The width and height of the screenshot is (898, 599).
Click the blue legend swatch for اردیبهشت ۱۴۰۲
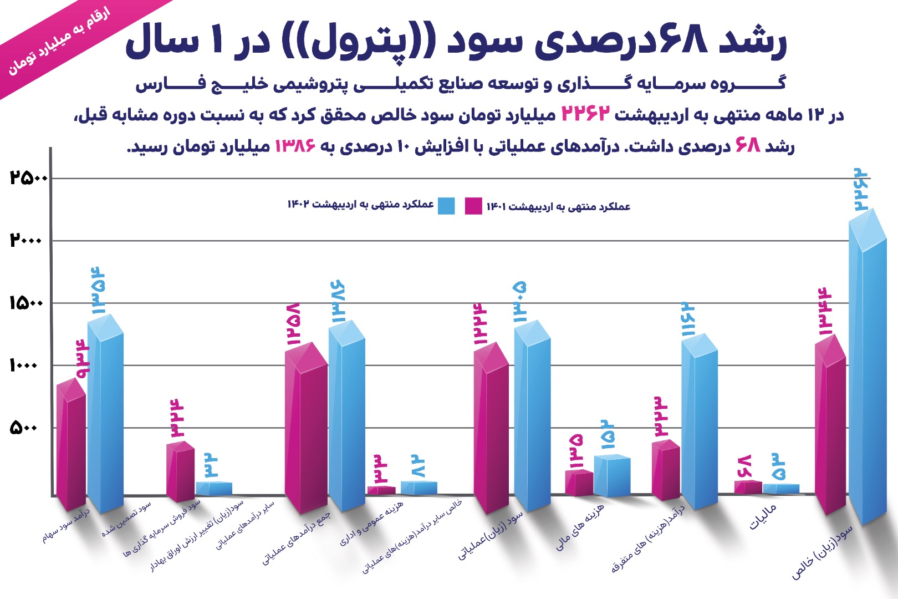446,206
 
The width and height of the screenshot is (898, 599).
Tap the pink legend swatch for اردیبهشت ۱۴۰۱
473,206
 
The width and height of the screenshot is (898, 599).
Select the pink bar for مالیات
748,487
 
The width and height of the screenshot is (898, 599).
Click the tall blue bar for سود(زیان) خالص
868,377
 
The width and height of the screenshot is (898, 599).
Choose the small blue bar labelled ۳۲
213,489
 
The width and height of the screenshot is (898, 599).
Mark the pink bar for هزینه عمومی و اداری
381,490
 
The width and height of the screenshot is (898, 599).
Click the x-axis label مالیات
763,516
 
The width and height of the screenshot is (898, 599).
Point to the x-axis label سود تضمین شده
126,520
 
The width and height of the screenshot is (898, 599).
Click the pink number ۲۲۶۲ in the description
586,113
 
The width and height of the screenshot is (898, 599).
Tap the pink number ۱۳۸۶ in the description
295,146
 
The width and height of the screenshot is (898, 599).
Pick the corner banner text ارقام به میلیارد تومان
58,42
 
